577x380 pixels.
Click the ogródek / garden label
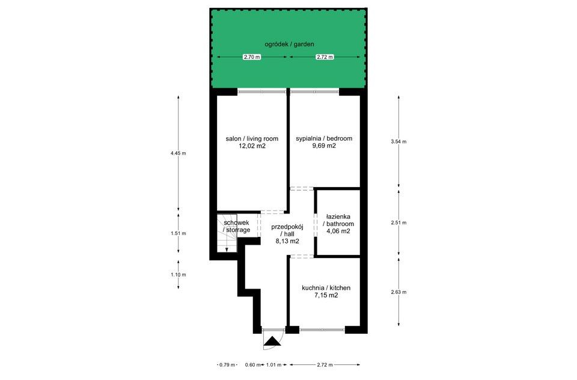click(x=289, y=44)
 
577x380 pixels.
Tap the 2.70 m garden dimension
click(x=252, y=57)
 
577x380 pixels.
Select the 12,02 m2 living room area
click(x=252, y=146)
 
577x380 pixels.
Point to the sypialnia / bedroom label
click(x=324, y=138)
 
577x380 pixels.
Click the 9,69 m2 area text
click(x=324, y=146)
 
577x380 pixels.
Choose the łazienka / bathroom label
click(x=338, y=220)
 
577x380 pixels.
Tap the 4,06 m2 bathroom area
click(x=338, y=231)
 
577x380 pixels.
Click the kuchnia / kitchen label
click(x=326, y=288)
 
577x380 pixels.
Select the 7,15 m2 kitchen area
click(x=326, y=295)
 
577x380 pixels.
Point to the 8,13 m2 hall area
click(x=287, y=242)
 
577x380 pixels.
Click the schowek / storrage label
click(x=237, y=227)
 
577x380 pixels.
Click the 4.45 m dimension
click(x=179, y=153)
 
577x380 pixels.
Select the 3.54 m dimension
click(x=399, y=141)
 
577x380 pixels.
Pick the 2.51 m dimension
click(x=399, y=223)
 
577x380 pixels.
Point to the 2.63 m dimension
click(x=399, y=292)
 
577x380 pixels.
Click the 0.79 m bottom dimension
click(x=227, y=365)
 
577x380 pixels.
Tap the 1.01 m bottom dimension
click(x=273, y=365)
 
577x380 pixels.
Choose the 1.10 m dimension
click(x=179, y=275)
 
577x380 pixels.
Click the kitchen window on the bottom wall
click(x=322, y=330)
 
